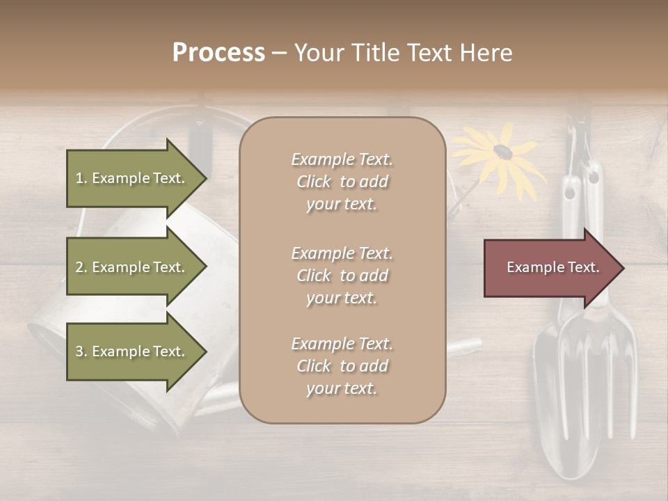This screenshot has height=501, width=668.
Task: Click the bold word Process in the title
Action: point(218,53)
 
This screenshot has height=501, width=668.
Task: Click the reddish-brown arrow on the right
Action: point(550,267)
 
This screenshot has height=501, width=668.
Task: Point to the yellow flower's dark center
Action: point(502,152)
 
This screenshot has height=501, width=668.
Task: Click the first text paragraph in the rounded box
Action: point(342,182)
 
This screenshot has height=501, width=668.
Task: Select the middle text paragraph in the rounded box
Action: point(342,276)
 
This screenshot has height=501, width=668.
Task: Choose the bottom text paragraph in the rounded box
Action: point(342,366)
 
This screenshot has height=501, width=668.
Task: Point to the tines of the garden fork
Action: point(605,390)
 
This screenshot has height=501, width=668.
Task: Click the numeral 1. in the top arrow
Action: point(81,178)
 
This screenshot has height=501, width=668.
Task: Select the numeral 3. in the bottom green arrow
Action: point(81,351)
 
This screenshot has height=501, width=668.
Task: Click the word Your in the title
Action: point(317,53)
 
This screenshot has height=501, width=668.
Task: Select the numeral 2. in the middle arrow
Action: point(81,267)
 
